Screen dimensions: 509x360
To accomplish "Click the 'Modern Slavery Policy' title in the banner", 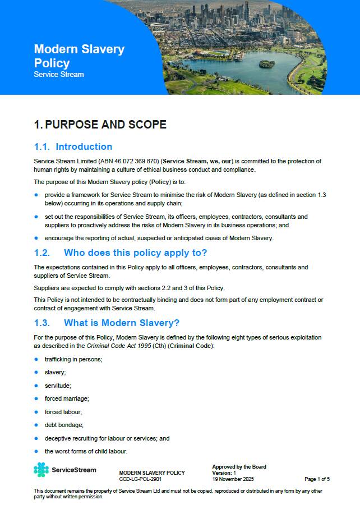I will coord(79,56).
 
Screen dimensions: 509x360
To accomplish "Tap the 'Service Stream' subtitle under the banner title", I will coord(59,75).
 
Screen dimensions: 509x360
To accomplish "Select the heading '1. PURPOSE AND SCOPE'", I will coord(100,125).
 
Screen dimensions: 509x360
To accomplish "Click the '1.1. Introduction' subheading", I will coord(73,147).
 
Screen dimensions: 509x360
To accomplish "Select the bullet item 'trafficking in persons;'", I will coord(73,359).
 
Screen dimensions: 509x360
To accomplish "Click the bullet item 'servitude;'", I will coord(58,386).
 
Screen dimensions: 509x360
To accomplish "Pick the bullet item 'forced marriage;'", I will coord(67,398).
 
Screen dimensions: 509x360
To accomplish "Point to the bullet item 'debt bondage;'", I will coord(63,425).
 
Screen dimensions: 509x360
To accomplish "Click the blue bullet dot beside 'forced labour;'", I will coord(36,411).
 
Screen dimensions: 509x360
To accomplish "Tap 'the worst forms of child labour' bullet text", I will coord(86,451).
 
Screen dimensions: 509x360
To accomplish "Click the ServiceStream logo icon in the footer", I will coord(41,470).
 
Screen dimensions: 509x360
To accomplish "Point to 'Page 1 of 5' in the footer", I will coord(317,479).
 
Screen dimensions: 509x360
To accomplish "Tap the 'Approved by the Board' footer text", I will coord(239,467).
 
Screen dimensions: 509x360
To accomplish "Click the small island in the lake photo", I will coord(267,63).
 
